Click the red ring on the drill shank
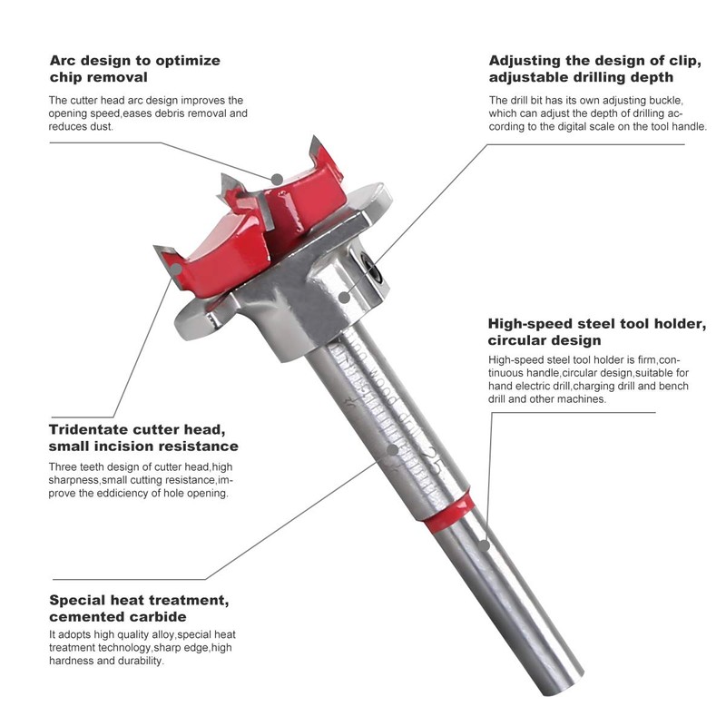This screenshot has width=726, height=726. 449,511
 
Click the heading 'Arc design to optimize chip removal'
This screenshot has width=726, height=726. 134,69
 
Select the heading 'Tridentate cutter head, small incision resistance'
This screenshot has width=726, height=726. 143,437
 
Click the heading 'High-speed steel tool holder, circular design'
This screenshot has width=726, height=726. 597,331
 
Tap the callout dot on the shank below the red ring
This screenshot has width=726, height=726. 486,545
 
